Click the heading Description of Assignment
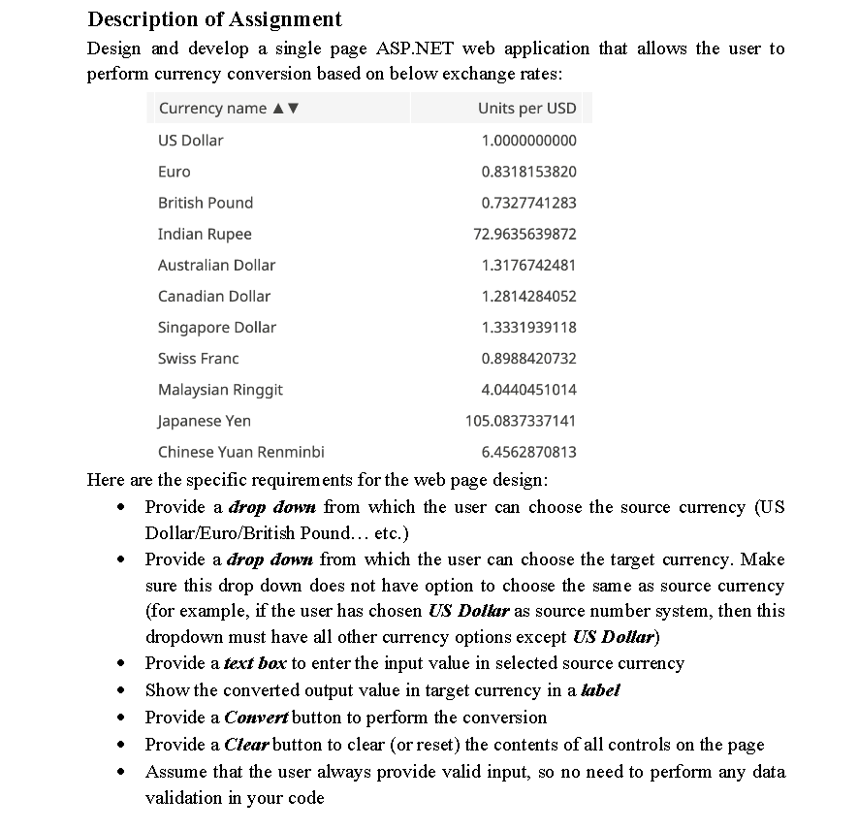click(214, 18)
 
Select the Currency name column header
click(212, 108)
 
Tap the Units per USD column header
click(526, 108)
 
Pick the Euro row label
click(175, 172)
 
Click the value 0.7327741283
click(528, 203)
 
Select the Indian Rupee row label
click(205, 234)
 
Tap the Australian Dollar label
click(216, 265)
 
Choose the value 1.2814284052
click(528, 296)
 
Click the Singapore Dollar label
click(217, 327)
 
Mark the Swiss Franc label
click(198, 358)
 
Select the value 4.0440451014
click(528, 389)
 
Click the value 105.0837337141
click(521, 420)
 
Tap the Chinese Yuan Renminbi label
click(241, 451)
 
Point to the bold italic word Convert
click(256, 718)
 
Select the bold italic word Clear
click(246, 745)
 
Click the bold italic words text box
click(255, 663)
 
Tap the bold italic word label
click(600, 690)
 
